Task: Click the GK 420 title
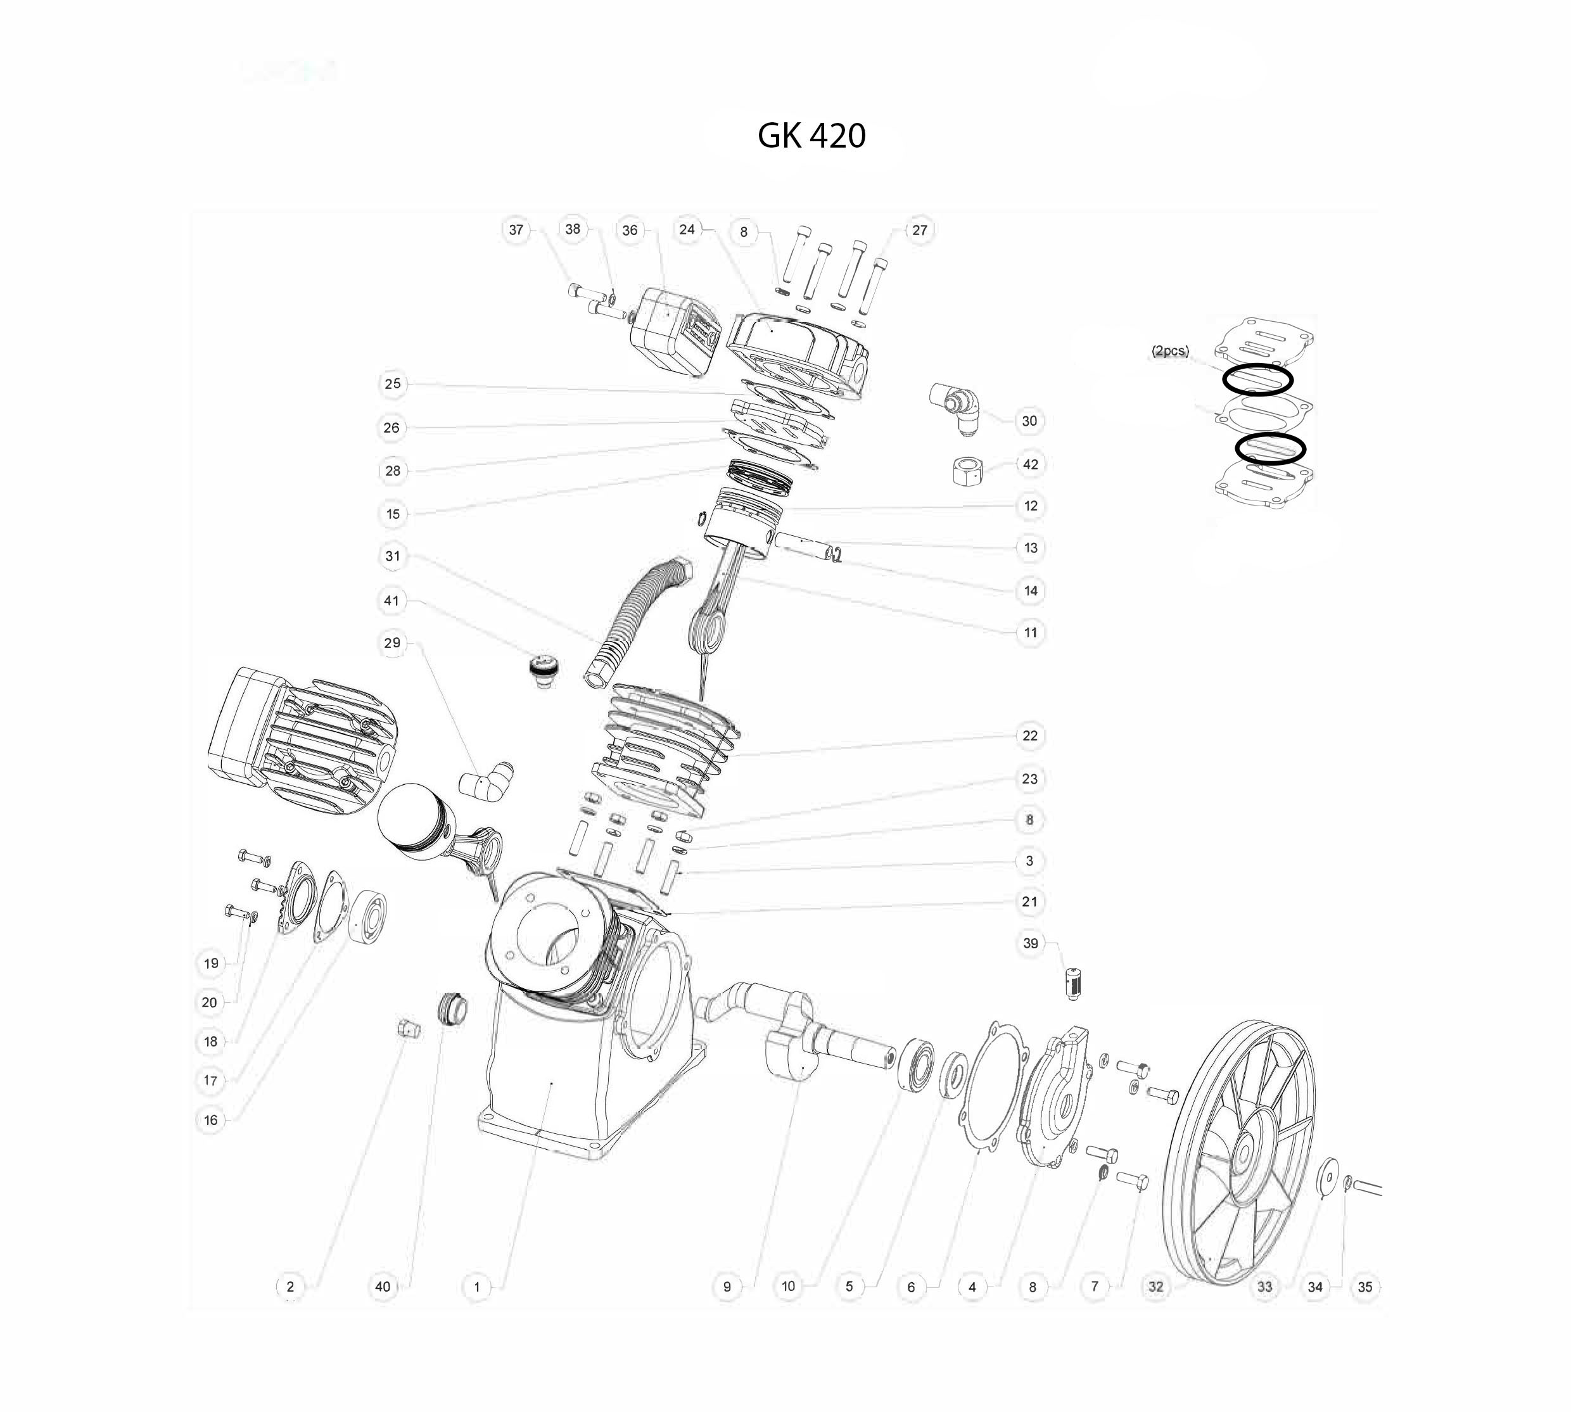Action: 811,136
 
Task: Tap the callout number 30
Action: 1029,421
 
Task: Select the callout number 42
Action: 1030,465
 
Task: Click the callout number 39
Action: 1030,943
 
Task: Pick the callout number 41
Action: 391,601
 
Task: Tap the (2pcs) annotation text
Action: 1170,351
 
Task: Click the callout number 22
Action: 1029,735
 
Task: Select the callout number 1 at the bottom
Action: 476,1287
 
